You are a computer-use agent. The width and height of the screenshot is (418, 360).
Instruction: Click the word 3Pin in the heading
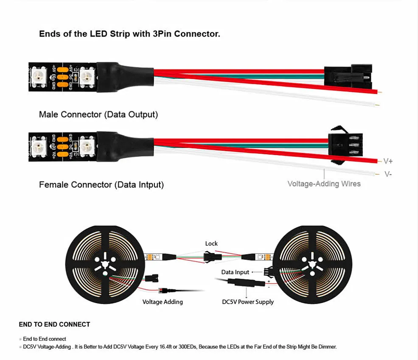(x=162, y=34)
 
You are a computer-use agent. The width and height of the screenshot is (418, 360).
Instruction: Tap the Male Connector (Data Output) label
(x=98, y=114)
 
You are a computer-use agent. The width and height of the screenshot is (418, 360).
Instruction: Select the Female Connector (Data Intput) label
(x=101, y=185)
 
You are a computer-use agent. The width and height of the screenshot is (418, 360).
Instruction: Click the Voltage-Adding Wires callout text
(x=324, y=184)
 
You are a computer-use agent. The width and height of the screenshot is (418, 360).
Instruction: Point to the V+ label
(x=388, y=161)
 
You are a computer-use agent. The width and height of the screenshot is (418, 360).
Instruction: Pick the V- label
(x=388, y=174)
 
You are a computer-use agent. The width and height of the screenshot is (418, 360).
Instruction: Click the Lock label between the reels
(x=211, y=243)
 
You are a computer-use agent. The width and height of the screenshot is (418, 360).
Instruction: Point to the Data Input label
(x=235, y=272)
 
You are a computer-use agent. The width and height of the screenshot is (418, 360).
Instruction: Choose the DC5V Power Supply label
(x=248, y=302)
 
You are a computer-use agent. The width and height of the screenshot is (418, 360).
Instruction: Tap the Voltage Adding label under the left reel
(x=163, y=302)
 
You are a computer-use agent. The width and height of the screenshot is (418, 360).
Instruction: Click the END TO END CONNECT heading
(x=54, y=324)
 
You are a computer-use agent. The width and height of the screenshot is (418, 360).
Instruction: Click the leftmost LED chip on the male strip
(x=36, y=77)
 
